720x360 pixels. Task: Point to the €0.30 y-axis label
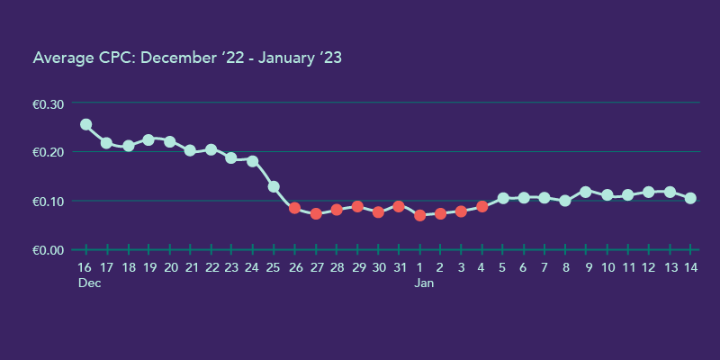pyautogui.click(x=49, y=104)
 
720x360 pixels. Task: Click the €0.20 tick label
pyautogui.click(x=49, y=152)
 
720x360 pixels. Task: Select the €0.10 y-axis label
pyautogui.click(x=49, y=201)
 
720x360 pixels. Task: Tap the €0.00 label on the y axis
pyautogui.click(x=49, y=249)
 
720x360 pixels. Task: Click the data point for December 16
pyautogui.click(x=85, y=124)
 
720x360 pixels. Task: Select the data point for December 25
pyautogui.click(x=274, y=186)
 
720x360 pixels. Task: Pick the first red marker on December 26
pyautogui.click(x=294, y=208)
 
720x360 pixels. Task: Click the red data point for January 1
pyautogui.click(x=419, y=215)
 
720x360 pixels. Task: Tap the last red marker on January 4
pyautogui.click(x=482, y=206)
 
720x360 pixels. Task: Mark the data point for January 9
pyautogui.click(x=586, y=192)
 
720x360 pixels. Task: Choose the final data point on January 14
pyautogui.click(x=690, y=198)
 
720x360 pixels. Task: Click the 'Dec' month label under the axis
pyautogui.click(x=88, y=283)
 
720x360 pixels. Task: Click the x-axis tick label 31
pyautogui.click(x=399, y=267)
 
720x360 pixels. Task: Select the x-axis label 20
pyautogui.click(x=169, y=267)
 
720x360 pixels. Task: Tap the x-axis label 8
pyautogui.click(x=565, y=267)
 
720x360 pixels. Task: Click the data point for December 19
pyautogui.click(x=148, y=139)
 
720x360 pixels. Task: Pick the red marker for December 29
pyautogui.click(x=357, y=206)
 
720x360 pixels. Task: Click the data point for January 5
pyautogui.click(x=503, y=198)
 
